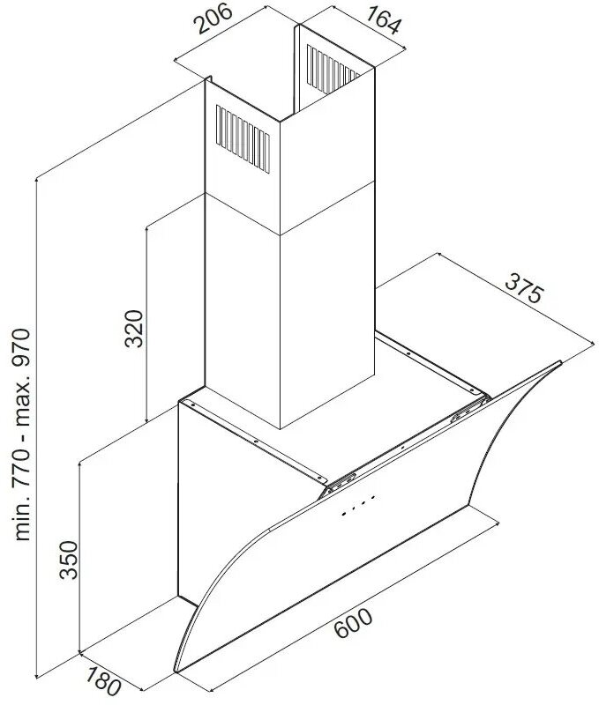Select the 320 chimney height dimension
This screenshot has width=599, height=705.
tap(133, 329)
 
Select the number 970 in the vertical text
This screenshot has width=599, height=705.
tap(23, 352)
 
